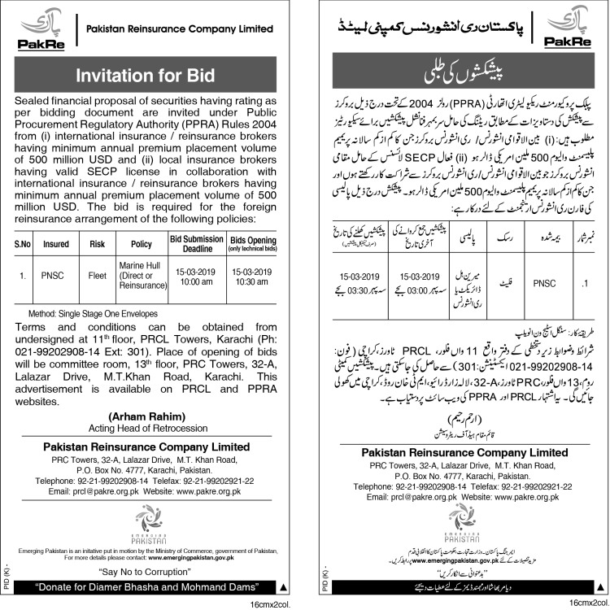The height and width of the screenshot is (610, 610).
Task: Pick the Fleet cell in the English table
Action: [x=98, y=277]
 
